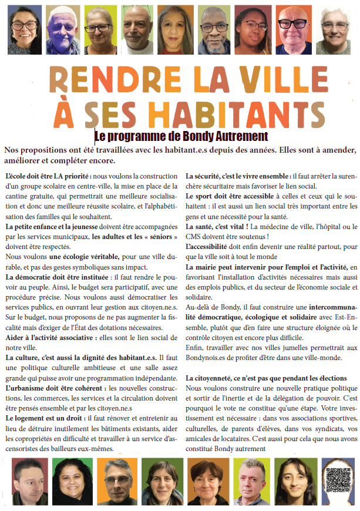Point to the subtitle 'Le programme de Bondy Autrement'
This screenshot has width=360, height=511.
coord(180,136)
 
